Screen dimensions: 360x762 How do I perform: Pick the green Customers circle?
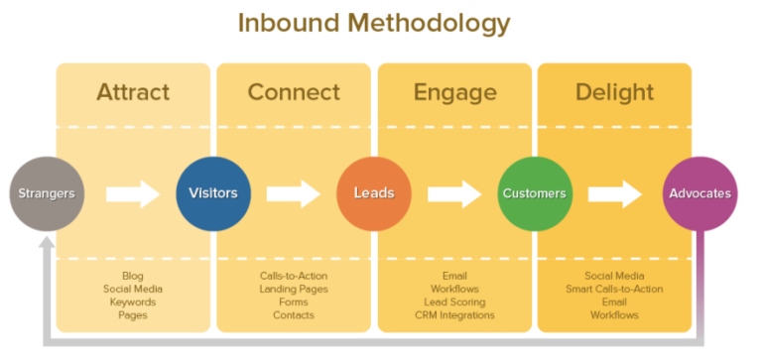(x=535, y=192)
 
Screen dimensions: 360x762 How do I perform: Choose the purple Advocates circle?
(x=699, y=192)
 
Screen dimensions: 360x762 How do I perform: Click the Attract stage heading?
(x=133, y=93)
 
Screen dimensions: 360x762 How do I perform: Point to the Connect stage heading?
(x=295, y=93)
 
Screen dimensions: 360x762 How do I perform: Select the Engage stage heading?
(x=455, y=93)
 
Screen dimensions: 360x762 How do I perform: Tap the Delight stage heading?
(x=614, y=93)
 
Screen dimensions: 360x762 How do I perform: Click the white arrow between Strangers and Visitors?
(x=132, y=193)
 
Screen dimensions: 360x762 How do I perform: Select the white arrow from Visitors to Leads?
(x=294, y=193)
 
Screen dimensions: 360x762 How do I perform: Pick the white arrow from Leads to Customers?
(x=454, y=193)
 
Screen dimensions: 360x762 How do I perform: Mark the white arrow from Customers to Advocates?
(x=615, y=193)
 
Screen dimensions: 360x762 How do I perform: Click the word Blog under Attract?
(x=133, y=276)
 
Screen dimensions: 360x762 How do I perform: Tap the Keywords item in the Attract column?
(x=133, y=301)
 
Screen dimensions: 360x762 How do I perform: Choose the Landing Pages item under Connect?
(x=294, y=289)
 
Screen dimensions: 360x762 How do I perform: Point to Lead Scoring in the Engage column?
(x=454, y=301)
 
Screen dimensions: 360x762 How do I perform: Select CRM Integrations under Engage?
(x=454, y=314)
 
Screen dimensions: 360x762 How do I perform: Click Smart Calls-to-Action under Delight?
(x=614, y=289)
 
